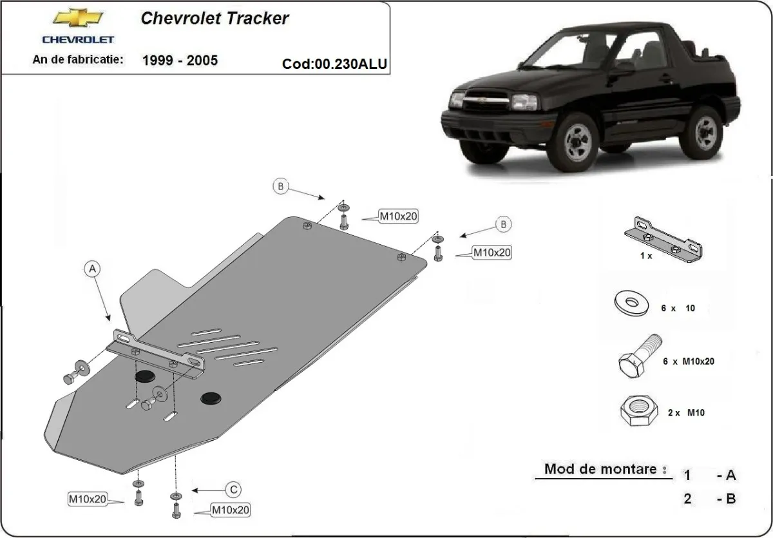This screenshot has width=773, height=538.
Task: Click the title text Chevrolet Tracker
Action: coord(215,17)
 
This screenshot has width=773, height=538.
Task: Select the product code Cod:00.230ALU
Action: coord(335,64)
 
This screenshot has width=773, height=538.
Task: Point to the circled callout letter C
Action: coord(233,490)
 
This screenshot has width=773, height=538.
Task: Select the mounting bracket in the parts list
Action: coord(663,240)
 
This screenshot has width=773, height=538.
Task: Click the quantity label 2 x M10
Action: coord(686,413)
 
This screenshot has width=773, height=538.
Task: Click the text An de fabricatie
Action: coord(77,60)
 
